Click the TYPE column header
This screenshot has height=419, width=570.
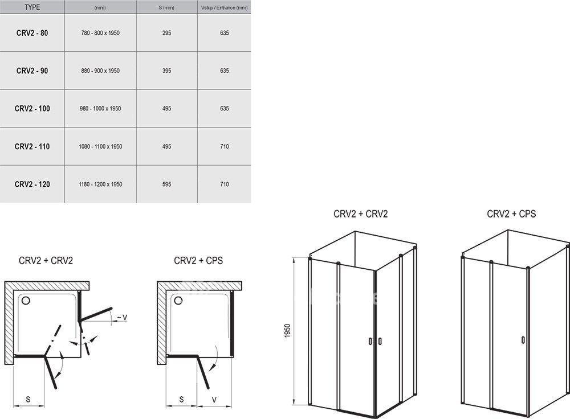tap(32, 7)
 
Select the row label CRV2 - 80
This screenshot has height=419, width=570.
tap(32, 33)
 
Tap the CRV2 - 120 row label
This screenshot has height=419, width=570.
tap(32, 184)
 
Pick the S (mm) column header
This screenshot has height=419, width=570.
tap(166, 7)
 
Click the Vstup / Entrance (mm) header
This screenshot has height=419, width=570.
tap(224, 7)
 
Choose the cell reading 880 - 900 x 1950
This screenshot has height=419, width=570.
tap(100, 71)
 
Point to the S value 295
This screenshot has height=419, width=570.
tap(166, 33)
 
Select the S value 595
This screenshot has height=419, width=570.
tap(166, 184)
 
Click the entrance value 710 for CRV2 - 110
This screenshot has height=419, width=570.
tap(224, 147)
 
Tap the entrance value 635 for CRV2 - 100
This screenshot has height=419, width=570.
tap(224, 109)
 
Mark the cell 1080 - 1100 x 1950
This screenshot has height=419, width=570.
tap(100, 147)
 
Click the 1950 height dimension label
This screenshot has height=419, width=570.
tap(287, 331)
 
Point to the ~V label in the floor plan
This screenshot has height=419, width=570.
tap(122, 318)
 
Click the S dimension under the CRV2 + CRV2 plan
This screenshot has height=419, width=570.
tap(28, 400)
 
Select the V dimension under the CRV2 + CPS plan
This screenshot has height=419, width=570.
tap(214, 400)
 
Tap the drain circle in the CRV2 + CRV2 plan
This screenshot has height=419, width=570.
tap(26, 301)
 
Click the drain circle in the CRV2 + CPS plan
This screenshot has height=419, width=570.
tap(178, 301)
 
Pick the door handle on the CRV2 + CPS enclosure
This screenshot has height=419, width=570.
tap(523, 340)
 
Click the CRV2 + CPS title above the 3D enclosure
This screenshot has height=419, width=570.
tap(511, 214)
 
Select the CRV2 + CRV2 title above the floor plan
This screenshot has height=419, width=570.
tap(46, 261)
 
